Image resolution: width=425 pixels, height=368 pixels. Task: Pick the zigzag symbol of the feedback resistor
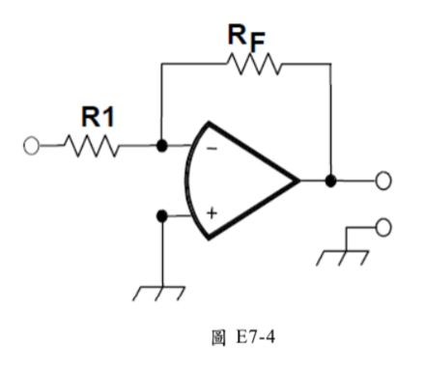click(x=253, y=63)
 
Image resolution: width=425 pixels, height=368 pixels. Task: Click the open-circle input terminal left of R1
click(x=32, y=148)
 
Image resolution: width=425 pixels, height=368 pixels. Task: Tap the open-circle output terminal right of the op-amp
click(x=383, y=180)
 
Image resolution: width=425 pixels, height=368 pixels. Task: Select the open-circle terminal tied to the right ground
click(x=383, y=228)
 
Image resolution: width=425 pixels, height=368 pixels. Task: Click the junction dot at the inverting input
click(x=161, y=148)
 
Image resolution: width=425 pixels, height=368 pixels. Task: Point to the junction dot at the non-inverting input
click(x=161, y=215)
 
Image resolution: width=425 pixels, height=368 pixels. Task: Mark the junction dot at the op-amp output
click(x=331, y=180)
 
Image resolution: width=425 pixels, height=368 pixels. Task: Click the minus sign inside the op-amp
click(x=211, y=149)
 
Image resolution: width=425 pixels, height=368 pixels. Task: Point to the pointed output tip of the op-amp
click(x=297, y=180)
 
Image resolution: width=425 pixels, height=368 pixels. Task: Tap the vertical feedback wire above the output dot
click(x=331, y=121)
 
